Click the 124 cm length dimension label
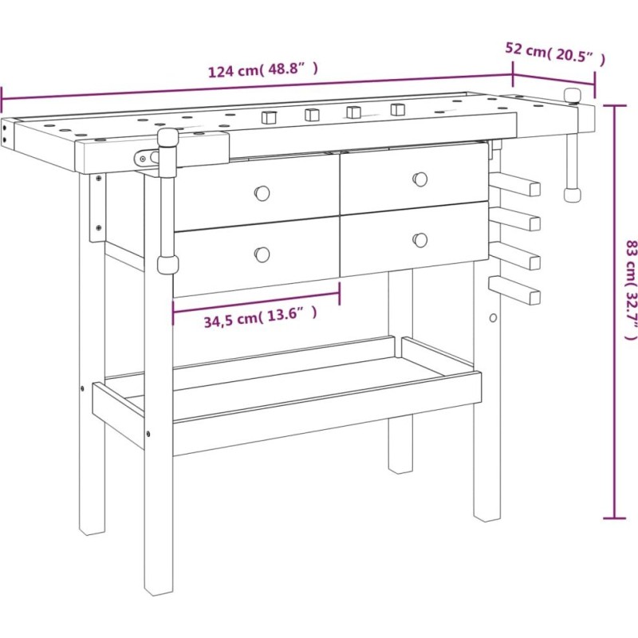[x=263, y=70]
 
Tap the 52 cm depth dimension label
[x=555, y=53]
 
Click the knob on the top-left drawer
[x=262, y=193]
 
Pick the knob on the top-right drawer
[x=420, y=179]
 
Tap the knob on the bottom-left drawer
[x=262, y=254]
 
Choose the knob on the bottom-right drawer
[x=420, y=240]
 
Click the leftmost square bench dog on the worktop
[x=269, y=116]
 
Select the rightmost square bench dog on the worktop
[x=397, y=109]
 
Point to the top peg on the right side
[x=515, y=185]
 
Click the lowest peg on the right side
[x=514, y=289]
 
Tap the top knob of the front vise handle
[x=168, y=140]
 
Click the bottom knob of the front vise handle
[x=168, y=265]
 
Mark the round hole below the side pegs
[x=493, y=317]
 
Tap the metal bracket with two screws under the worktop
[x=98, y=207]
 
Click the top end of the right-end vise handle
[x=572, y=96]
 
